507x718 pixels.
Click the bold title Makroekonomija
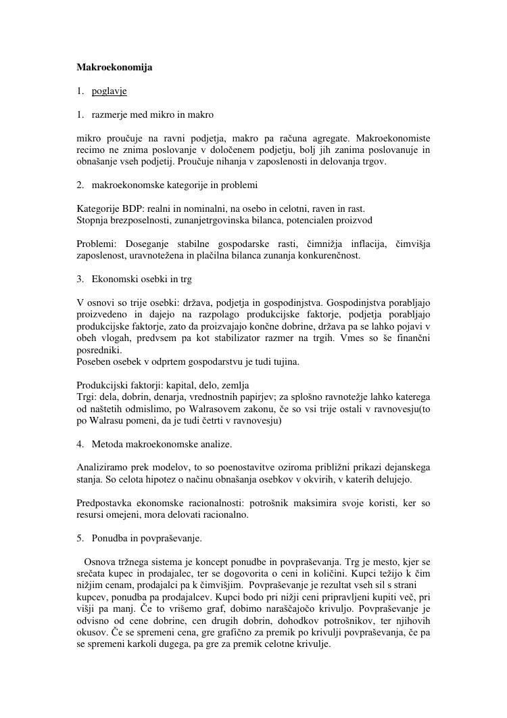(x=114, y=68)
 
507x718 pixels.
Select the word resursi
(x=91, y=515)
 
